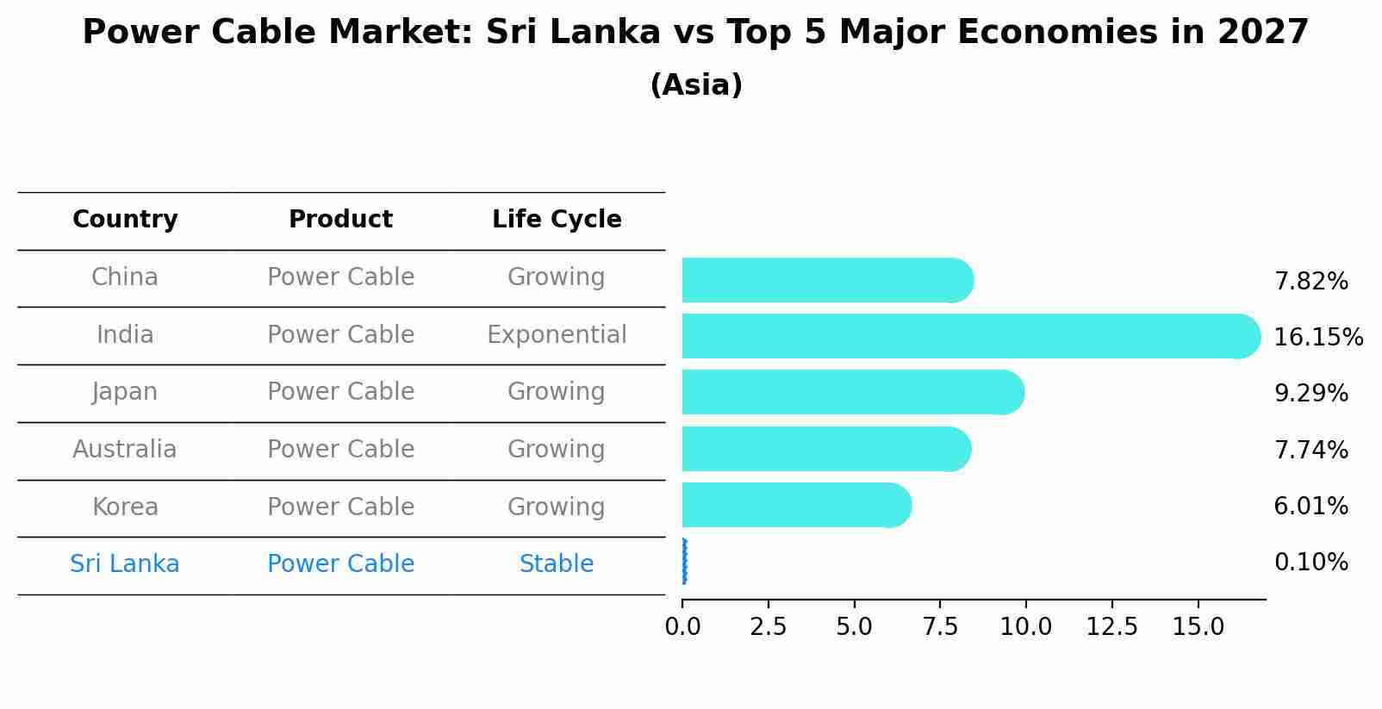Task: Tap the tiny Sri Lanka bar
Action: click(x=684, y=562)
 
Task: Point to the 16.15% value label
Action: click(x=1317, y=337)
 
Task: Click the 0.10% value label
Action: click(x=1310, y=563)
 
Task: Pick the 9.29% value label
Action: click(x=1310, y=394)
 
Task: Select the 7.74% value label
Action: click(x=1310, y=450)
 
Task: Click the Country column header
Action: click(x=125, y=220)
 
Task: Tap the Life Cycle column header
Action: click(x=557, y=220)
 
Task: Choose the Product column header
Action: click(x=340, y=220)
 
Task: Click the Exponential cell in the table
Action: click(x=557, y=334)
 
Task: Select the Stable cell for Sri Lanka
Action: click(x=557, y=564)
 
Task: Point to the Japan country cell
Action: click(x=125, y=392)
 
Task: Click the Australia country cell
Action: click(x=125, y=450)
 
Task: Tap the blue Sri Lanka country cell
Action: click(x=125, y=564)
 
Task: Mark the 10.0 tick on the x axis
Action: click(x=1025, y=627)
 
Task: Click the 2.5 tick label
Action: click(x=768, y=627)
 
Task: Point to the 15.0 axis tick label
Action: click(x=1198, y=627)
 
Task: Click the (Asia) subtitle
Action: click(x=696, y=85)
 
